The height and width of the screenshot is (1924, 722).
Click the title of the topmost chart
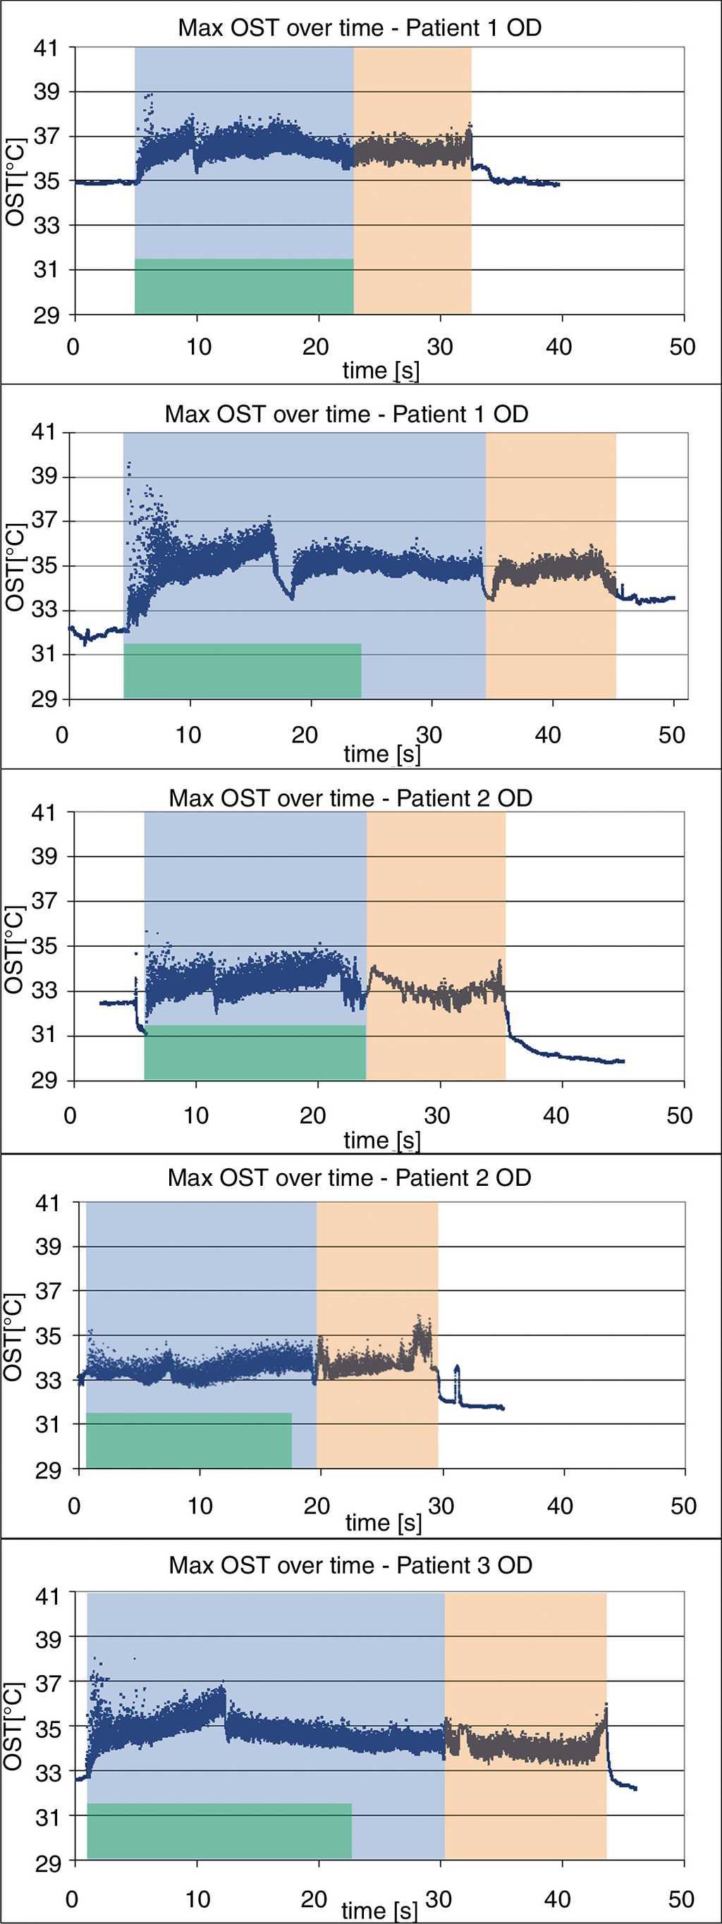359,28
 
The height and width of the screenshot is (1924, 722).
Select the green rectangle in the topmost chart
243,286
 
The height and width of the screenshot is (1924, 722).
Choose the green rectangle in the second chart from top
242,670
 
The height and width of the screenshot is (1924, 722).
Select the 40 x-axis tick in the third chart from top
556,1116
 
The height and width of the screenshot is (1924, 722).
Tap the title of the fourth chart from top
350,1178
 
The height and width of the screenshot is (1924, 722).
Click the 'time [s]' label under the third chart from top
381,1141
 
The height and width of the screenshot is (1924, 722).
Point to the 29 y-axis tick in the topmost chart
47,314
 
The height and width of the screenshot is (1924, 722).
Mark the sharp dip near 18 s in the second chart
292,595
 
